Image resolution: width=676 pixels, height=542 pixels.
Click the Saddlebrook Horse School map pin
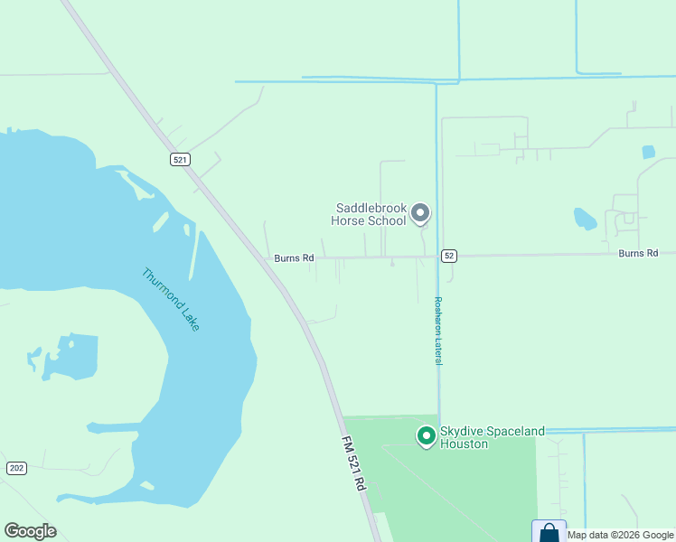[419, 213]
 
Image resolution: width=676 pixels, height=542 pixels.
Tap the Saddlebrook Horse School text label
[371, 214]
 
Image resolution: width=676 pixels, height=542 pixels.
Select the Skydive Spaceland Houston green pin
[426, 436]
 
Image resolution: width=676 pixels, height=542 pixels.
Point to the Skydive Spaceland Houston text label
[492, 437]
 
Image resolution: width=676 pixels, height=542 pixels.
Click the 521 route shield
[180, 159]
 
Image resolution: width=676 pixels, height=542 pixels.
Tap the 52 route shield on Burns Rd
[449, 256]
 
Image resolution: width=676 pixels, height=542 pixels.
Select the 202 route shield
[16, 467]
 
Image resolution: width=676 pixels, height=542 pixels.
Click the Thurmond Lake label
[171, 299]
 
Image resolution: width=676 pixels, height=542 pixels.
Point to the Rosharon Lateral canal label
[438, 331]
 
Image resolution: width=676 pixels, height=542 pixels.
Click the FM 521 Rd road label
[353, 463]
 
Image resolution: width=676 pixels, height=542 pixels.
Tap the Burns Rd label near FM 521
[295, 258]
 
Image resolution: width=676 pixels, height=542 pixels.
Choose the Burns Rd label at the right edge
[639, 254]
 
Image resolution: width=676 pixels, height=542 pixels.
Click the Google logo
[30, 531]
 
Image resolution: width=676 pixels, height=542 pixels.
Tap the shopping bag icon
[549, 532]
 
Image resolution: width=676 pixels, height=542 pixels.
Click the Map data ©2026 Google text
[621, 535]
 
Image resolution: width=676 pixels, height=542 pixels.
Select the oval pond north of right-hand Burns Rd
[585, 218]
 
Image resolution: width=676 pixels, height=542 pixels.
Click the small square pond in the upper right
[648, 152]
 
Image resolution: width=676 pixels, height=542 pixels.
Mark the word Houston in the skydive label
[464, 444]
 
